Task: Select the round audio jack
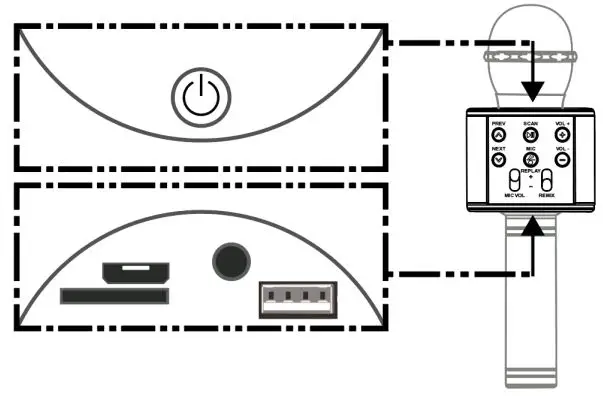tap(229, 259)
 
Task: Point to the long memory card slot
tap(113, 296)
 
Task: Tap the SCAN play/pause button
tap(531, 135)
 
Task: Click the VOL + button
tap(563, 135)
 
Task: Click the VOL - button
tap(563, 159)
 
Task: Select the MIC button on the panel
tap(531, 159)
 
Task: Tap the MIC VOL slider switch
tap(514, 182)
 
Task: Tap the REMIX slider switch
tap(548, 182)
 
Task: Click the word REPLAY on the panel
tap(531, 171)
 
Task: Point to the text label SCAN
tap(531, 123)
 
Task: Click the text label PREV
tap(498, 123)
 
